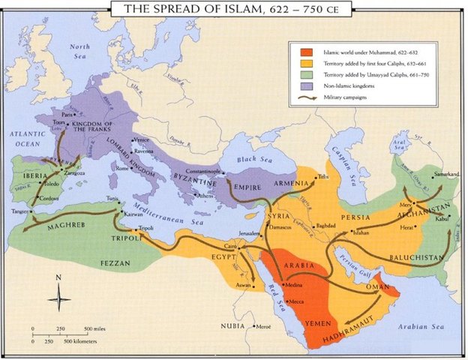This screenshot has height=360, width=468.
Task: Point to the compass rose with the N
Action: (x=58, y=298)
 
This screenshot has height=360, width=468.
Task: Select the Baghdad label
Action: (x=326, y=225)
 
